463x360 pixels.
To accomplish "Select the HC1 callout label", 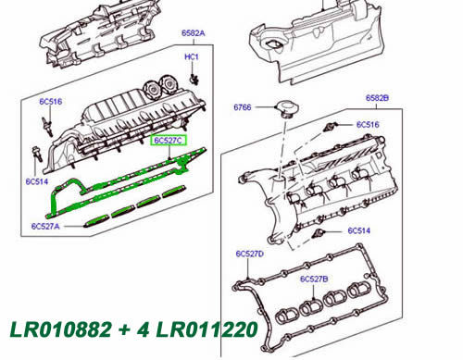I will tap(192, 57).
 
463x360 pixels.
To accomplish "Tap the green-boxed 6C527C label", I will tap(169, 141).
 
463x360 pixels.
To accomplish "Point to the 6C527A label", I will tap(44, 225).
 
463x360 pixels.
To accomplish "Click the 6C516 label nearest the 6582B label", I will tap(370, 123).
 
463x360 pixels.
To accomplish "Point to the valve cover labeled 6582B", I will tap(324, 185).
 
